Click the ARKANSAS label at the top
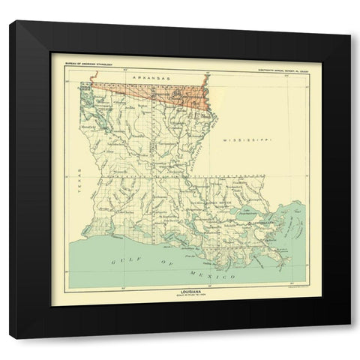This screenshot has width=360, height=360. [148, 78]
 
